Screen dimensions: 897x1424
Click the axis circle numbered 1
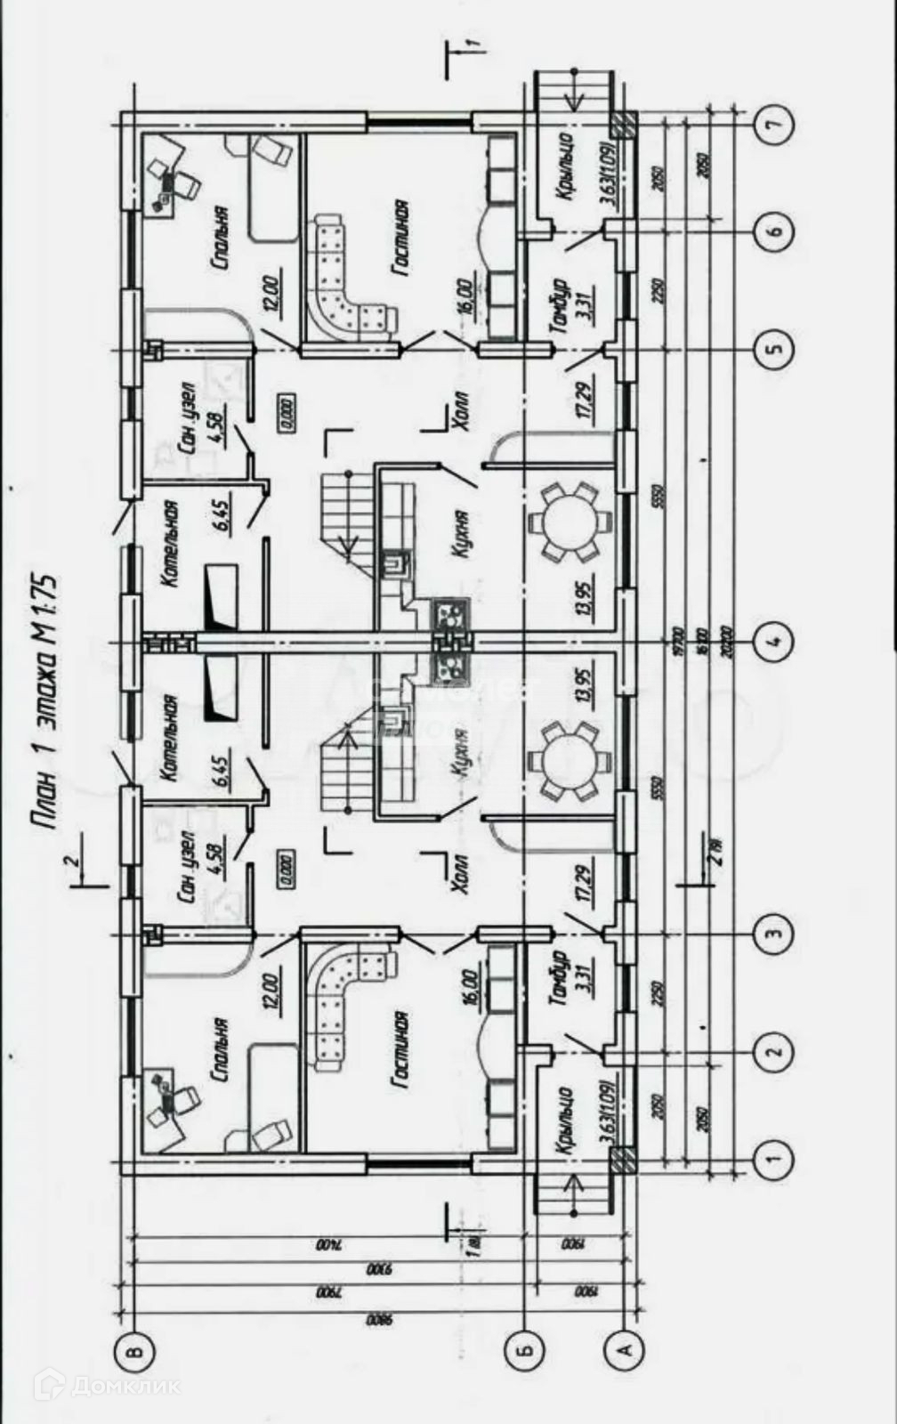[x=773, y=1158]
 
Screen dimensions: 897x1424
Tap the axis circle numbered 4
[x=773, y=638]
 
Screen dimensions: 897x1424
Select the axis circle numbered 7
[x=773, y=125]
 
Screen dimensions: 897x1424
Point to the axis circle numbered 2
[x=773, y=1052]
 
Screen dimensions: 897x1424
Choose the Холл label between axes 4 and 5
[x=459, y=411]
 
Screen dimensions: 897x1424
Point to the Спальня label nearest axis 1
[x=220, y=1050]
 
